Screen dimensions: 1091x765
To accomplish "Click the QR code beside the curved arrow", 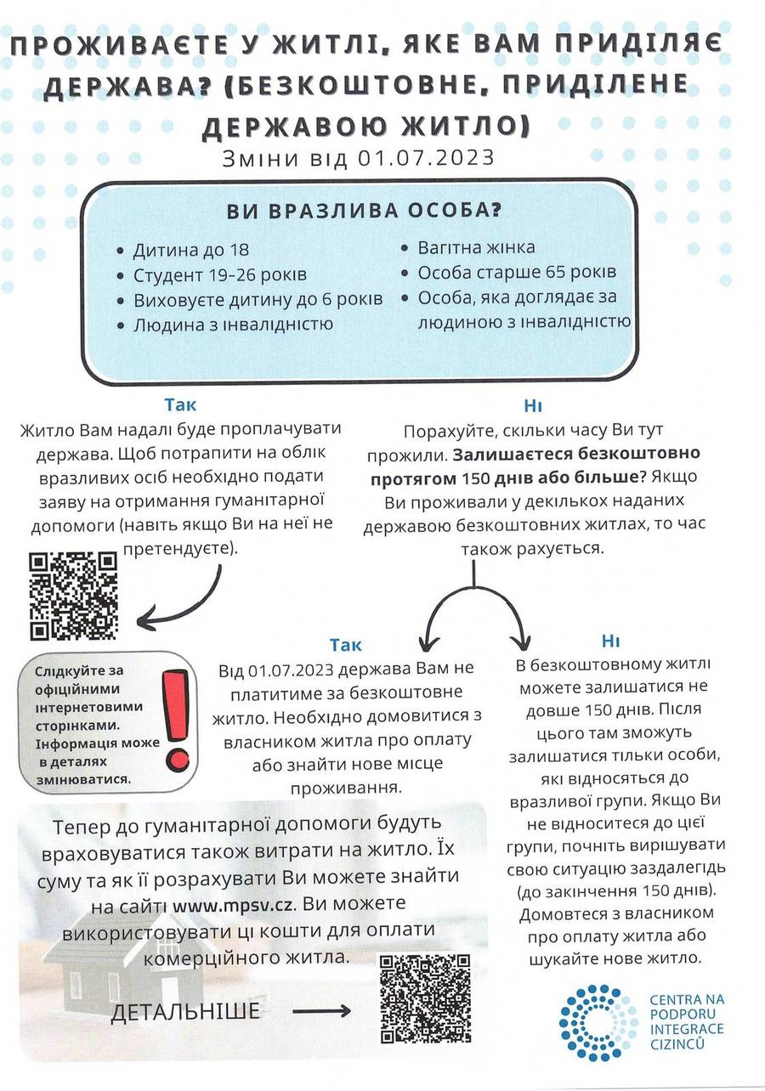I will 73,595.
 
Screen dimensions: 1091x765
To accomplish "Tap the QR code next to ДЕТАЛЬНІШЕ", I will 425,998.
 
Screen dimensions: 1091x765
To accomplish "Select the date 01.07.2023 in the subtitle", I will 426,158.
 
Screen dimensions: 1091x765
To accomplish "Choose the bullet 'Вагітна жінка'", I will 476,248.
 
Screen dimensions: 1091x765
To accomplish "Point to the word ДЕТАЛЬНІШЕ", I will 184,1011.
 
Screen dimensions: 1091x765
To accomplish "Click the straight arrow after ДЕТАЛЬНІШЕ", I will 320,1011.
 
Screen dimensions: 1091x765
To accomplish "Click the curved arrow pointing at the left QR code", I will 178,608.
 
